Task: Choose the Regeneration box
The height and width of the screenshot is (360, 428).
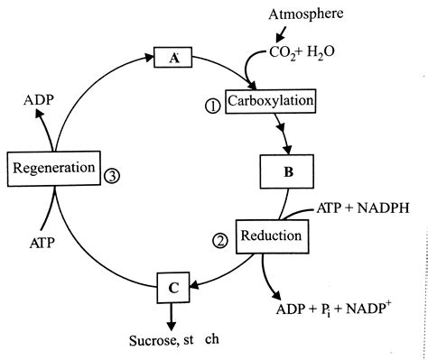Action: tap(52, 168)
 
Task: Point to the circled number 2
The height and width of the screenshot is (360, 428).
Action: tap(219, 240)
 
